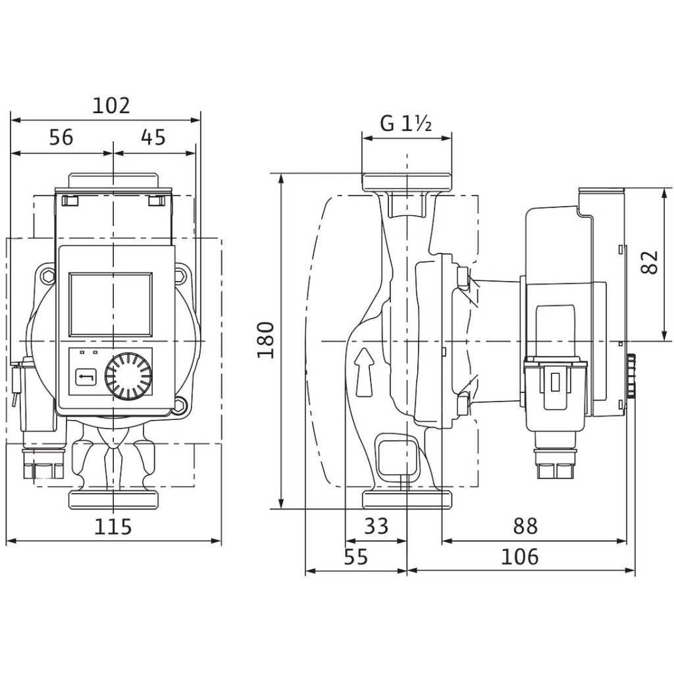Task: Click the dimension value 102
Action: click(x=111, y=105)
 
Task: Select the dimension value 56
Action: click(x=61, y=138)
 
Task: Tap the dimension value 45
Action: click(x=153, y=138)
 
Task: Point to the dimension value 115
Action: click(x=113, y=527)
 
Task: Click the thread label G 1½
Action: click(x=406, y=123)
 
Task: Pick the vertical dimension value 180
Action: click(x=265, y=340)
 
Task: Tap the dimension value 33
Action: click(x=376, y=526)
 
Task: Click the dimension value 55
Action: click(x=355, y=557)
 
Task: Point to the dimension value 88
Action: click(x=525, y=526)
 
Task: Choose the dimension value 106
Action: click(x=519, y=557)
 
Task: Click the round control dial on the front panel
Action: click(x=128, y=377)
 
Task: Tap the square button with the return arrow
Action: click(x=86, y=377)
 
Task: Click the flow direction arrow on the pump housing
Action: click(x=363, y=373)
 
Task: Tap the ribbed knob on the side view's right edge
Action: click(x=632, y=376)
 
